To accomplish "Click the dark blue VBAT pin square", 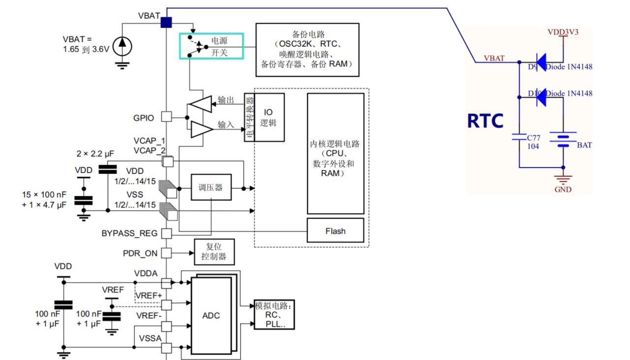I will pyautogui.click(x=166, y=22).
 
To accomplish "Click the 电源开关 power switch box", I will pyautogui.click(x=211, y=46).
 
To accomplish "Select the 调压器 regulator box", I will pyautogui.click(x=211, y=187).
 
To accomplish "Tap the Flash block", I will pyautogui.click(x=335, y=231).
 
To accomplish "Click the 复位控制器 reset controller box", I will pyautogui.click(x=214, y=252).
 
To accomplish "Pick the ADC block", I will pyautogui.click(x=211, y=315).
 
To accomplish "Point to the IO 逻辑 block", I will pyautogui.click(x=269, y=118).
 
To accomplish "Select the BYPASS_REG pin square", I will pyautogui.click(x=167, y=233).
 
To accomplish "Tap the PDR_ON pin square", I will pyautogui.click(x=167, y=253).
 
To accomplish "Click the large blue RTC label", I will pyautogui.click(x=485, y=121).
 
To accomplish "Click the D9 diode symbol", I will pyautogui.click(x=540, y=62).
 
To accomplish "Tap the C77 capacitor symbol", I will pyautogui.click(x=519, y=137).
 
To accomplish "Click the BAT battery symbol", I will pyautogui.click(x=563, y=140).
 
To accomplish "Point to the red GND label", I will pyautogui.click(x=563, y=189).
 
